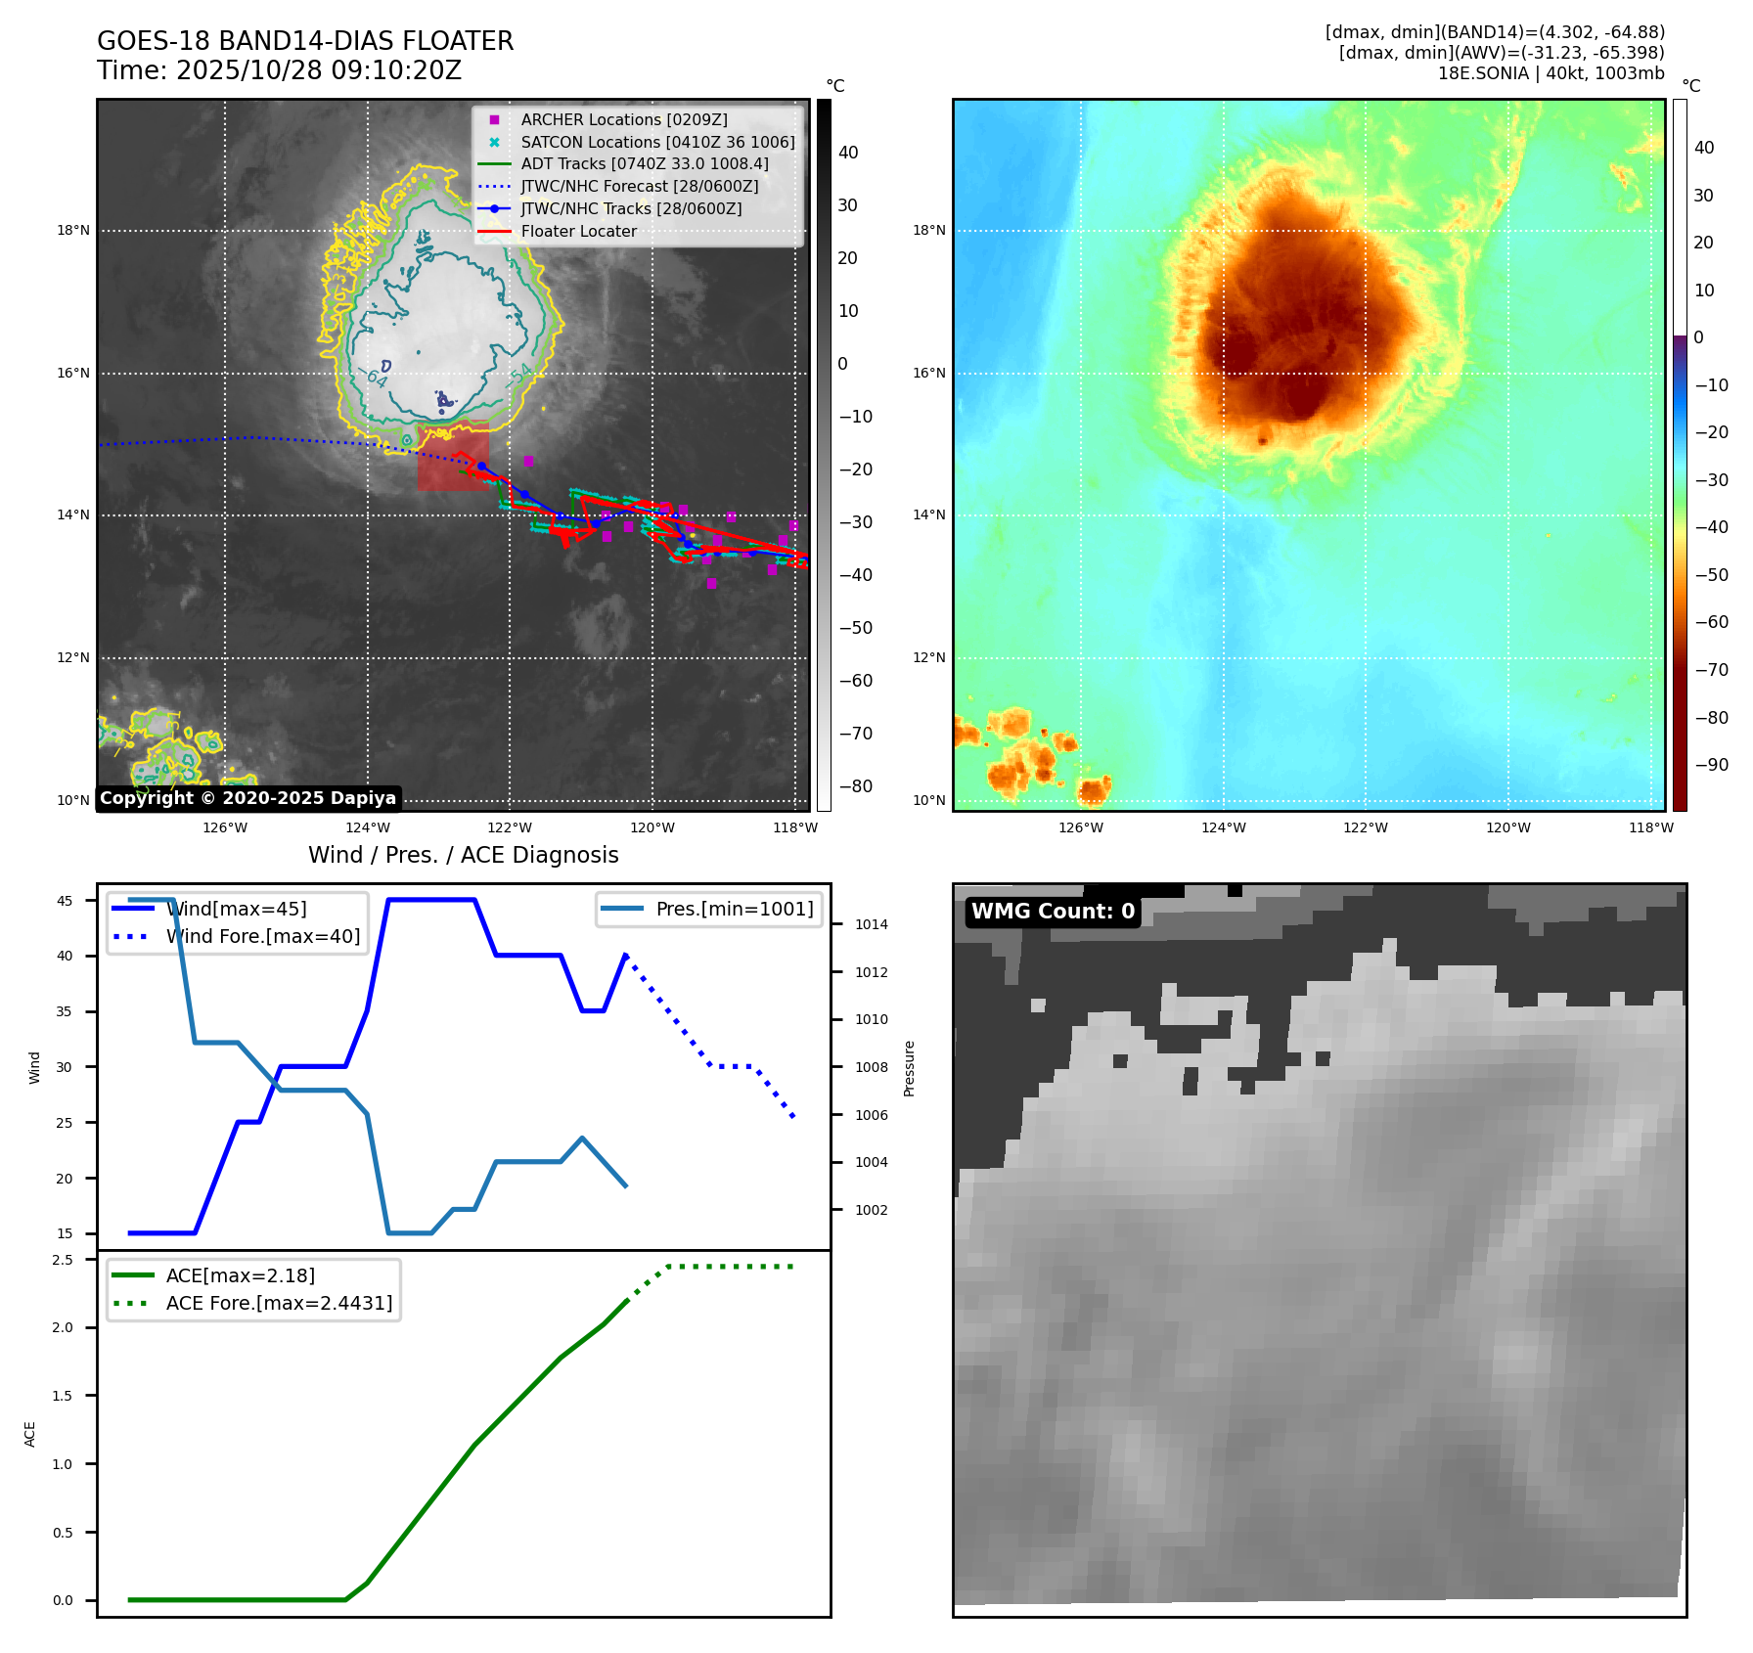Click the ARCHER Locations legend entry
[623, 119]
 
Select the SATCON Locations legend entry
[656, 142]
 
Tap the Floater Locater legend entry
[578, 232]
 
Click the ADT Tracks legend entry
[644, 164]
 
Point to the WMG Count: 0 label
[1053, 912]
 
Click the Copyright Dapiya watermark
[247, 798]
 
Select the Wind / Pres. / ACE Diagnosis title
[463, 855]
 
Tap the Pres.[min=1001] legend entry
[734, 909]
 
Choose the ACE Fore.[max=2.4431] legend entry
[279, 1303]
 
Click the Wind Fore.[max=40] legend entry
[262, 936]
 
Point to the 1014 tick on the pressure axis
[871, 924]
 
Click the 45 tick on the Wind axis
[65, 901]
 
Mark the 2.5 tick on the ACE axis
[63, 1260]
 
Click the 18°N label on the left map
[72, 231]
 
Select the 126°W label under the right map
[1080, 827]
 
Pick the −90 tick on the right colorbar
[1711, 765]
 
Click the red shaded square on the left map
[452, 457]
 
